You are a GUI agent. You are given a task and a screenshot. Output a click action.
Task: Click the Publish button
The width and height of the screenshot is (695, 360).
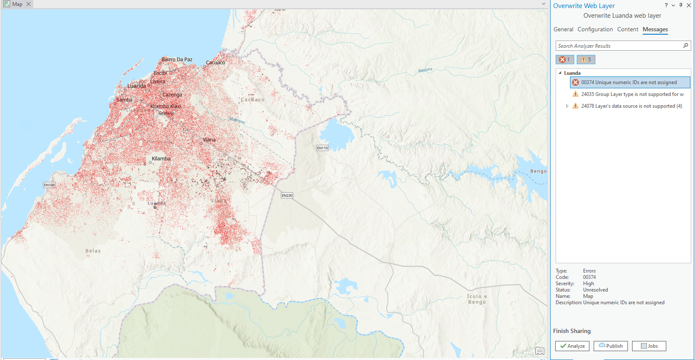coord(611,346)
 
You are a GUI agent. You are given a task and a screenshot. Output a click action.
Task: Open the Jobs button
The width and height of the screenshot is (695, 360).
coord(649,346)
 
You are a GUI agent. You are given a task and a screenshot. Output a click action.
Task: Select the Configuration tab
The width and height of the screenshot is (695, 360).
coord(595,29)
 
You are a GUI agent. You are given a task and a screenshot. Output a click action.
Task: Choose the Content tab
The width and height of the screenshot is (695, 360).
coord(627,29)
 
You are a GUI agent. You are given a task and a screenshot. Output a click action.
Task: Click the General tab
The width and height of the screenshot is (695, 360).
coord(563,29)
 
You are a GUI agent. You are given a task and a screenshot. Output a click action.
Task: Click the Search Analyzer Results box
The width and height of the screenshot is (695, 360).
coord(619,46)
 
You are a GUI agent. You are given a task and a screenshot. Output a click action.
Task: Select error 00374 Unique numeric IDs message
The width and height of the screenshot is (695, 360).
coord(629,82)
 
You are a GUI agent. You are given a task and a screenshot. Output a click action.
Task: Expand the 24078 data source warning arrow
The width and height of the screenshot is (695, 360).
coord(567,106)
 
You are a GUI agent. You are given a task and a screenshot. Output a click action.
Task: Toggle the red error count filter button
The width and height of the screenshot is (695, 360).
coord(565,60)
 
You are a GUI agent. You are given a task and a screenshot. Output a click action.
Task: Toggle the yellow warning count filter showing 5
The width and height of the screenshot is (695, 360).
coord(586,60)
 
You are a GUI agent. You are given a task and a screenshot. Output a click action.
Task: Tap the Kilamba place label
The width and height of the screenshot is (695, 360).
coord(161,158)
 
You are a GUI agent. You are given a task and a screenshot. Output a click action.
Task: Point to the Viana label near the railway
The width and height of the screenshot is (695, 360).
coord(209,139)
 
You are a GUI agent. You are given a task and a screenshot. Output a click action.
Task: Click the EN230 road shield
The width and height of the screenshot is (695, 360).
coord(287,195)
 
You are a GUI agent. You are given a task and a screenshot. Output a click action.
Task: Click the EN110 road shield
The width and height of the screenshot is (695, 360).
coord(323,148)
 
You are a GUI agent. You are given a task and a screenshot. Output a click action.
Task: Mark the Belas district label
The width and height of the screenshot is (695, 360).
coord(93,251)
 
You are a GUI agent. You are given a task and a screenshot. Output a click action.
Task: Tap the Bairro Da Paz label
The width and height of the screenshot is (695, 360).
coord(177,60)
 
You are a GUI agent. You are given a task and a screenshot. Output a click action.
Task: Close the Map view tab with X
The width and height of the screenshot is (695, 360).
coord(28,4)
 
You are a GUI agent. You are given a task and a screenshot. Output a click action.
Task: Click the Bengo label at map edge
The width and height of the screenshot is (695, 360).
coord(538,171)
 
